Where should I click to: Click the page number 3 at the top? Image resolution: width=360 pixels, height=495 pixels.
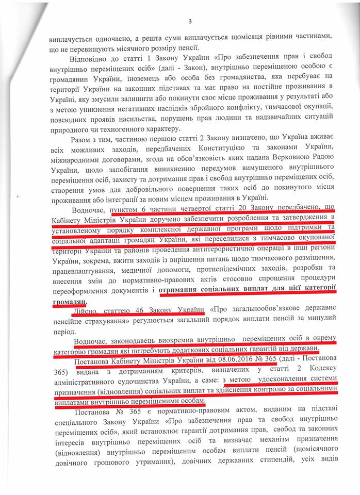coord(190,21)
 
